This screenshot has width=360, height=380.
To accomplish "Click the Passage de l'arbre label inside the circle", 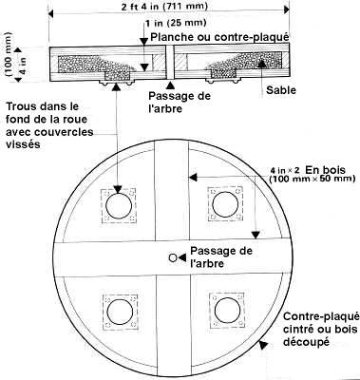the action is pyautogui.click(x=220, y=256).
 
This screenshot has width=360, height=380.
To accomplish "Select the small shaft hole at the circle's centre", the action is pyautogui.click(x=172, y=257).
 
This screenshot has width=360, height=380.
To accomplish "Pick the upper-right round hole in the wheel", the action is pyautogui.click(x=224, y=203).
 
